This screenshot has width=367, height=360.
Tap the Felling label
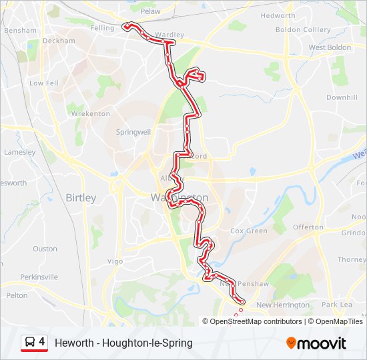[102, 28]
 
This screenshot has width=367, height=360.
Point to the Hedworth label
[278, 15]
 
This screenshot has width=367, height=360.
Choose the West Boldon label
[330, 48]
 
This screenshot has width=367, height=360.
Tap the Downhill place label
[342, 97]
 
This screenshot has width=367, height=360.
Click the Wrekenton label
[91, 114]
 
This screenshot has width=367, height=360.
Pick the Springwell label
[133, 132]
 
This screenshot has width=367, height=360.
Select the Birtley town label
[81, 198]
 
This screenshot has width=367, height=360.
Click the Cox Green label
[248, 231]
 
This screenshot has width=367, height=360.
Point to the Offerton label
[308, 227]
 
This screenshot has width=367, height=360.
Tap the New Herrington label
[283, 305]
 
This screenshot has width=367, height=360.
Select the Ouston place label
[45, 249]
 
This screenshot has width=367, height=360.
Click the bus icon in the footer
[29, 343]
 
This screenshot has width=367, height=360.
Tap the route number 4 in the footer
[42, 342]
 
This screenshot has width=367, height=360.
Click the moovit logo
[316, 343]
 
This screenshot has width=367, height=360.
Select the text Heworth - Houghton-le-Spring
[123, 343]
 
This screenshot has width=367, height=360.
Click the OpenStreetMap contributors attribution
[256, 321]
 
